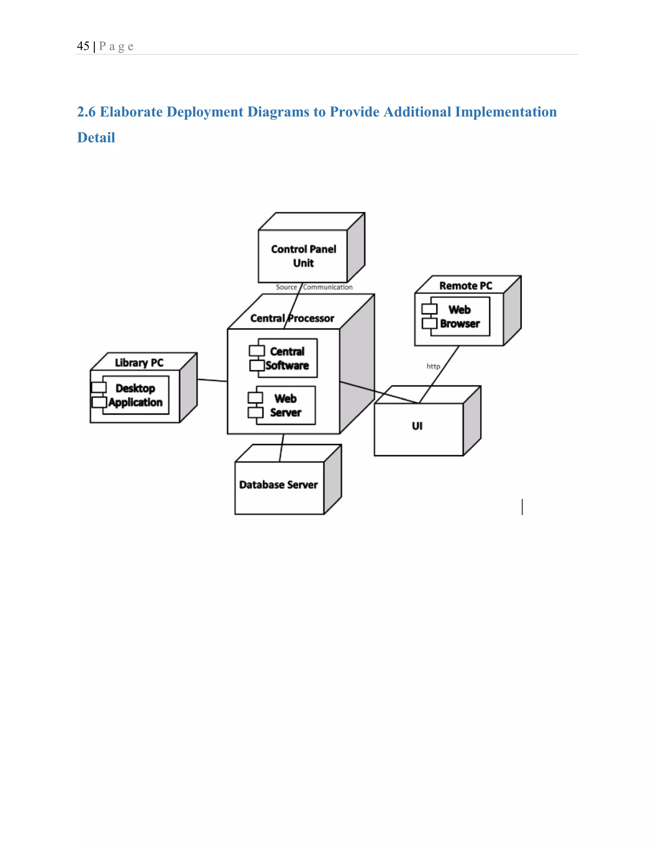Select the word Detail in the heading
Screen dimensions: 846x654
[x=96, y=138]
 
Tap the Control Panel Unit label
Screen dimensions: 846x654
[x=303, y=256]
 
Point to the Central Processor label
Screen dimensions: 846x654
[x=292, y=318]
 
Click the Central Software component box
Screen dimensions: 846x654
[x=287, y=358]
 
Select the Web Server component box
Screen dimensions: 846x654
[x=285, y=405]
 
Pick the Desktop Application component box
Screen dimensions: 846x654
[x=135, y=395]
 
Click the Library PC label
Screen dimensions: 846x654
[x=139, y=363]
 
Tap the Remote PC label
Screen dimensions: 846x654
[x=466, y=286]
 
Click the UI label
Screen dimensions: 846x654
[x=417, y=426]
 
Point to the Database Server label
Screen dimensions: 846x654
[x=278, y=485]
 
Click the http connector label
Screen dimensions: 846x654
[x=433, y=366]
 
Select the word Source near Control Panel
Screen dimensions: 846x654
[x=286, y=287]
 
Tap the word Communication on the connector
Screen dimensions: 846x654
[x=328, y=287]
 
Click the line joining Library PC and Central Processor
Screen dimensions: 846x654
[x=212, y=381]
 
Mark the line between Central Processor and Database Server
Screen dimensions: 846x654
[x=282, y=448]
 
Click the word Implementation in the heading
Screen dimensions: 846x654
[x=506, y=112]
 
